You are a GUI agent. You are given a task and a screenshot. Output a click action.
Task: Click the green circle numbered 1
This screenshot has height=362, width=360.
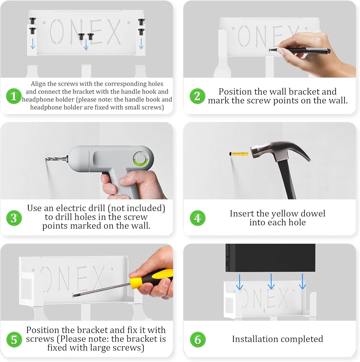pos(14,96)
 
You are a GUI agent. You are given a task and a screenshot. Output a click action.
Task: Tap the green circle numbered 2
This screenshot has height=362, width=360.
pos(197,96)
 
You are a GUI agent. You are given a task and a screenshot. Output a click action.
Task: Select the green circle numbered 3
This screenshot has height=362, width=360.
pos(14,218)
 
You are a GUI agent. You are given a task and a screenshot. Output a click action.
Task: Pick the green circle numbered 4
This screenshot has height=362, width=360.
pos(197,218)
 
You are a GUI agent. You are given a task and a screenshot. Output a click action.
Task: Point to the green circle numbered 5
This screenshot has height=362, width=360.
pos(14,340)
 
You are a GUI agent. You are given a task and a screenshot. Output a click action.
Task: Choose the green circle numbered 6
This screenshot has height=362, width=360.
pos(198,340)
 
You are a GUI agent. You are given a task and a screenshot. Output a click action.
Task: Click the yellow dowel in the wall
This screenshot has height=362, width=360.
pos(239,154)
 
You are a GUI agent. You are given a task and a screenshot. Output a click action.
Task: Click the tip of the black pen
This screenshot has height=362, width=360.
pos(270,49)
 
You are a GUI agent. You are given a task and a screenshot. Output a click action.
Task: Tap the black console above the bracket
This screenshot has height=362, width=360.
pos(270,258)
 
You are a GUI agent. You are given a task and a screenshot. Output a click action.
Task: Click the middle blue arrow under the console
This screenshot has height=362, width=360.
pos(271,281)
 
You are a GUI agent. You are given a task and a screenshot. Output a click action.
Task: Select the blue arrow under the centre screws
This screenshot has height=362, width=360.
pos(86,45)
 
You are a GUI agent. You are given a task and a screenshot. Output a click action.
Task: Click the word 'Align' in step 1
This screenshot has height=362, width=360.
pos(38,84)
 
